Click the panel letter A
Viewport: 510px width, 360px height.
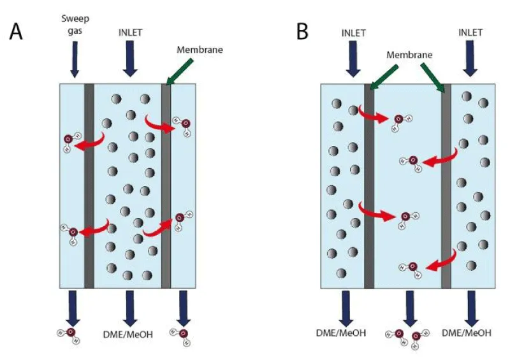(17, 31)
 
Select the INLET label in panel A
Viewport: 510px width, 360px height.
(130, 31)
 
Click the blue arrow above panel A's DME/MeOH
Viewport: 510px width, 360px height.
(130, 306)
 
